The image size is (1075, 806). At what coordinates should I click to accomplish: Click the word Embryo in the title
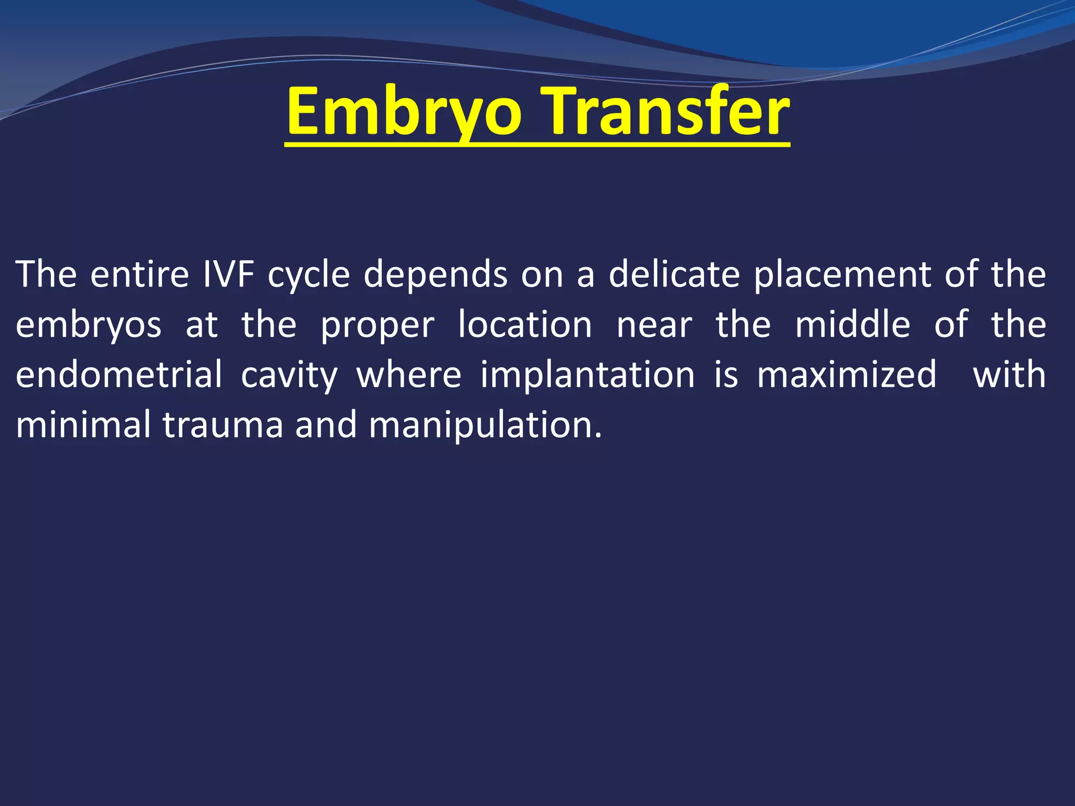coord(404,113)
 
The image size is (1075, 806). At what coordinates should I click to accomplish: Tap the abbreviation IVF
coord(229,274)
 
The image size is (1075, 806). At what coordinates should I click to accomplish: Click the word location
coord(525,325)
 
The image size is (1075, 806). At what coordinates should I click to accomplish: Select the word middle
coord(852,325)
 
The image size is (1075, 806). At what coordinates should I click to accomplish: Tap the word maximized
coord(847,375)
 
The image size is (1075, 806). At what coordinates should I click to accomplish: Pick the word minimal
coord(83,425)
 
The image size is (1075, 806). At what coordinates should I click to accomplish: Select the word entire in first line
coord(139,274)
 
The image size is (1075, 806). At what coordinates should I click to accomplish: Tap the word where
coord(409,375)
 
